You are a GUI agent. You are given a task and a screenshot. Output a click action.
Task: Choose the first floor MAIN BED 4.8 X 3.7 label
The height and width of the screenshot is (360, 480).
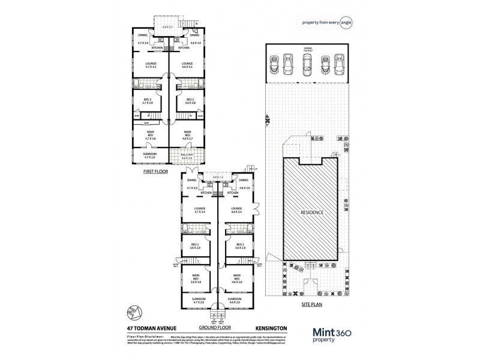pyautogui.click(x=187, y=136)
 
